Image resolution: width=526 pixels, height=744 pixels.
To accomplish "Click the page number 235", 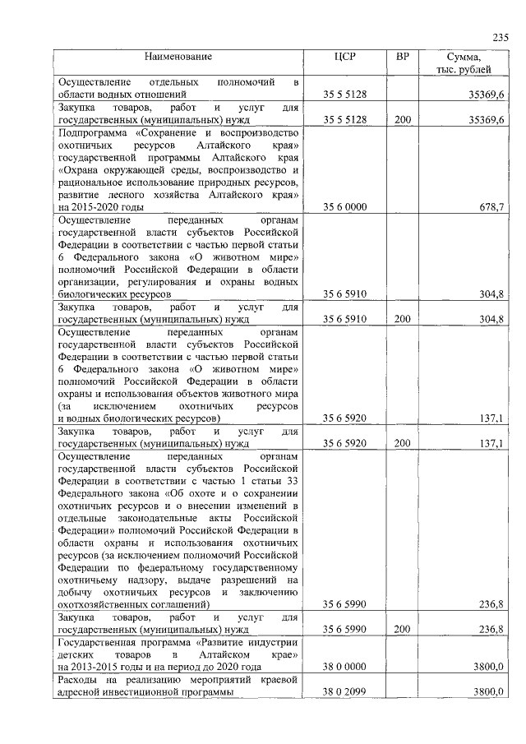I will coord(501,37).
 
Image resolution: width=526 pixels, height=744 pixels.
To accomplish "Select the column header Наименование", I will coord(178,57).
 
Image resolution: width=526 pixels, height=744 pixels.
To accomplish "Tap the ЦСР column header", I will coord(344,57).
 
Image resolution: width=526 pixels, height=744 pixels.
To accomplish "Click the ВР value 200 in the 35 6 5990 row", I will coord(402,629).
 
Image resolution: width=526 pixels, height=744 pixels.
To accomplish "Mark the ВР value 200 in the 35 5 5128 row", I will coord(402,120).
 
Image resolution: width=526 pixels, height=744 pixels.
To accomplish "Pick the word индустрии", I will coord(272,641).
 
